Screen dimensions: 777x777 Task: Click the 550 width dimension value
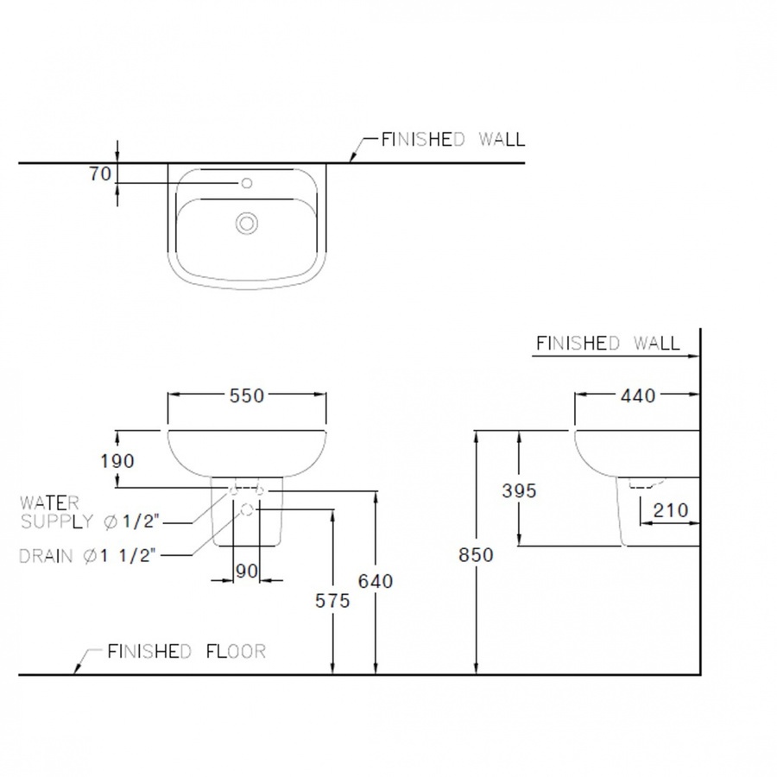pyautogui.click(x=247, y=395)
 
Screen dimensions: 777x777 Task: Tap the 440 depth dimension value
pyautogui.click(x=638, y=395)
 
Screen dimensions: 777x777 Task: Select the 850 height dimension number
pyautogui.click(x=476, y=554)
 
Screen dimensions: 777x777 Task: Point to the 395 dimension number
pyautogui.click(x=519, y=490)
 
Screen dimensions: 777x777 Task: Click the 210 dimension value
pyautogui.click(x=671, y=510)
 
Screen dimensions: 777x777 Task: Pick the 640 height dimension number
pyautogui.click(x=376, y=581)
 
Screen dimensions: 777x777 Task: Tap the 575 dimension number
pyautogui.click(x=332, y=601)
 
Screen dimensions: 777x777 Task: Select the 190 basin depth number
pyautogui.click(x=117, y=461)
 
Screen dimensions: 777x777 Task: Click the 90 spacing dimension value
pyautogui.click(x=247, y=572)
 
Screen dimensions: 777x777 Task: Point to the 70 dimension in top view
pyautogui.click(x=100, y=174)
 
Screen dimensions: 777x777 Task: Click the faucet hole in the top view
pyautogui.click(x=247, y=183)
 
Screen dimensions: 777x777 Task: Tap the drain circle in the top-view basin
pyautogui.click(x=247, y=223)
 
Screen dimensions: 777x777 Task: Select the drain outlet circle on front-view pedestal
pyautogui.click(x=247, y=509)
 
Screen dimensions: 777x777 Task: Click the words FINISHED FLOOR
pyautogui.click(x=186, y=651)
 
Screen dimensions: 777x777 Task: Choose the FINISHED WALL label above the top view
pyautogui.click(x=453, y=139)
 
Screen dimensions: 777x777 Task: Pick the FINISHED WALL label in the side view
pyautogui.click(x=608, y=343)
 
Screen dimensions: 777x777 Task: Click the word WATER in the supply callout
pyautogui.click(x=49, y=503)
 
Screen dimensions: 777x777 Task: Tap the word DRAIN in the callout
pyautogui.click(x=46, y=556)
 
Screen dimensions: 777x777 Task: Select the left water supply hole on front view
pyautogui.click(x=233, y=490)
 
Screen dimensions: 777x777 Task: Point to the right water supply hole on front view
pyautogui.click(x=260, y=490)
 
